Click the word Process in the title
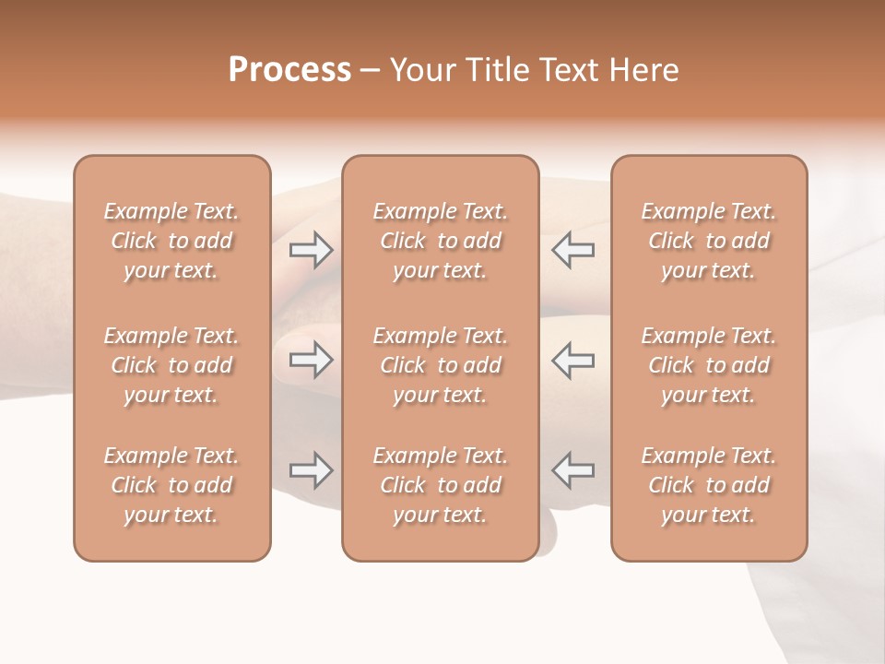pyautogui.click(x=289, y=70)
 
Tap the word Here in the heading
pyautogui.click(x=644, y=70)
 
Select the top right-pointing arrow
pyautogui.click(x=311, y=249)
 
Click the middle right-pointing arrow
pyautogui.click(x=311, y=360)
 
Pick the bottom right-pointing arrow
pyautogui.click(x=311, y=470)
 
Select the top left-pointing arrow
pyautogui.click(x=572, y=249)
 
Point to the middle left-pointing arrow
pyautogui.click(x=572, y=360)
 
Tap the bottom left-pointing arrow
pyautogui.click(x=572, y=470)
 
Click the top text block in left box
pyautogui.click(x=171, y=241)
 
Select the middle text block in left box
pyautogui.click(x=171, y=365)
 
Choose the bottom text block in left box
pyautogui.click(x=171, y=485)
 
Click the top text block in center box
pyautogui.click(x=440, y=241)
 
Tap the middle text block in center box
pyautogui.click(x=440, y=365)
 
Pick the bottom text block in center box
pyautogui.click(x=440, y=485)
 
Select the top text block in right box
pyautogui.click(x=708, y=241)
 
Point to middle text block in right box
pyautogui.click(x=708, y=365)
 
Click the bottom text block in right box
pyautogui.click(x=708, y=485)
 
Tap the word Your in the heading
pyautogui.click(x=421, y=70)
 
